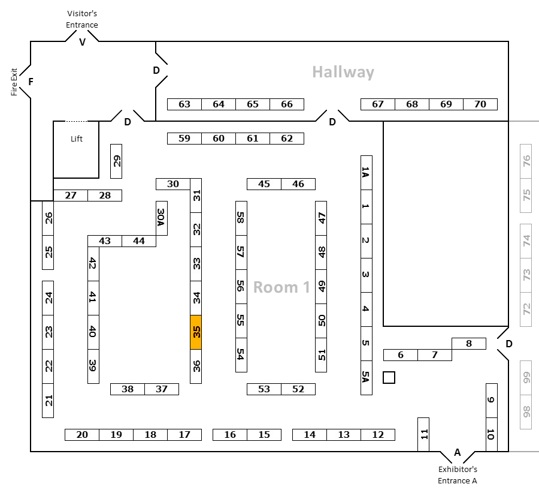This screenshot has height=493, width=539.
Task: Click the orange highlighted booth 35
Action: pos(196,332)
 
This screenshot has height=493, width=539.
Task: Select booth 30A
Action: pos(161,218)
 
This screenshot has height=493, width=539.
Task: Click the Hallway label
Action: pos(343,73)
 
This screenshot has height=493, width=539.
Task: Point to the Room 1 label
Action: pos(281,287)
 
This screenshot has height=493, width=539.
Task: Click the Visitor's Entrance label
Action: pos(82,19)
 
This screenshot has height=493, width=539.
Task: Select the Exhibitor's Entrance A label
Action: pos(458,474)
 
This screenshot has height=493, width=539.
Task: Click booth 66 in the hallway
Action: pos(287,104)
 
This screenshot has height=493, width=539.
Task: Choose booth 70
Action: pos(480,104)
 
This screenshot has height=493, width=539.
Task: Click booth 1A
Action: pos(366,173)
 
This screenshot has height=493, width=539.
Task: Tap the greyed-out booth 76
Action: pos(526,161)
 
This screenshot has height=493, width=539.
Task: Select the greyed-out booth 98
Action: pos(526,412)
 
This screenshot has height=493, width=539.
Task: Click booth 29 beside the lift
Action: pos(117,161)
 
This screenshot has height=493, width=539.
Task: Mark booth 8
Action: pos(469,344)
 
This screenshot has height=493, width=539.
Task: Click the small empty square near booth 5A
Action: pos(389,377)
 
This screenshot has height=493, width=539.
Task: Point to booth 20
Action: pos(82,435)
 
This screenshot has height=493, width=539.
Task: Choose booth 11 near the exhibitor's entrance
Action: pos(423,434)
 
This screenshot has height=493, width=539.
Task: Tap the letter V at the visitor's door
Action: pos(83,42)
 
